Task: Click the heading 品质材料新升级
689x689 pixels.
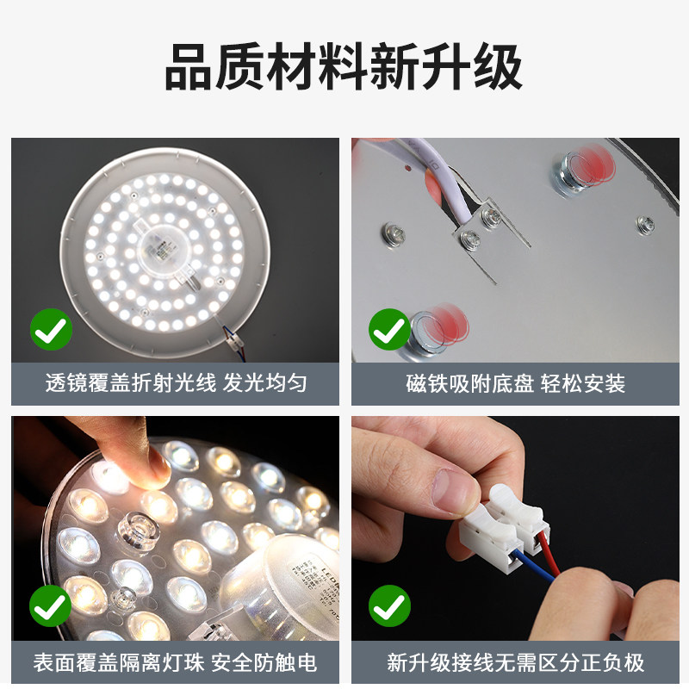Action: pyautogui.click(x=344, y=67)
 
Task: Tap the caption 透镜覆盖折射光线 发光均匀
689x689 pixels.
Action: pyautogui.click(x=176, y=383)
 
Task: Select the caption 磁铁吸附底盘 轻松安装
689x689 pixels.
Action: pyautogui.click(x=515, y=383)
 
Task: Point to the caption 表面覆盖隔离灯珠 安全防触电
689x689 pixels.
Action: pyautogui.click(x=175, y=662)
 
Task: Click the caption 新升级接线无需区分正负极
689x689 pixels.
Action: pyautogui.click(x=515, y=662)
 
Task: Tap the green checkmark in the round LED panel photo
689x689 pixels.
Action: pyautogui.click(x=51, y=329)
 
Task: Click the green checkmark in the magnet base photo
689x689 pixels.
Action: pyautogui.click(x=389, y=329)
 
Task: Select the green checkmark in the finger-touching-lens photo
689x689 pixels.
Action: pyautogui.click(x=51, y=606)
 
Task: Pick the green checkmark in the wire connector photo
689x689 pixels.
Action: pyautogui.click(x=389, y=606)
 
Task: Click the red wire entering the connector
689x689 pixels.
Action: pyautogui.click(x=550, y=555)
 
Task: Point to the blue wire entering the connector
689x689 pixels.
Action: pyautogui.click(x=534, y=566)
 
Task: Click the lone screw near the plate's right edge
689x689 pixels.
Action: pyautogui.click(x=645, y=224)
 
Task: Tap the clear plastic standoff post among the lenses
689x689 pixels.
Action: pyautogui.click(x=137, y=531)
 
